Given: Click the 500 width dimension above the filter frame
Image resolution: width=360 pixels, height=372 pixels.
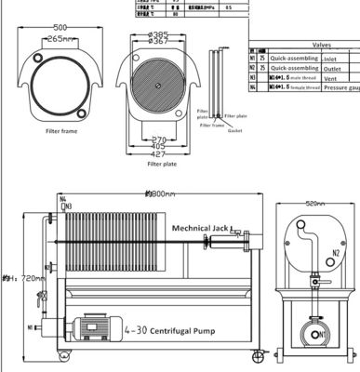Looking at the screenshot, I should [x=60, y=27].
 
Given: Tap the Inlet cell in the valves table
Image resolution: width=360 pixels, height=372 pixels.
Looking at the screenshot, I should [x=330, y=57].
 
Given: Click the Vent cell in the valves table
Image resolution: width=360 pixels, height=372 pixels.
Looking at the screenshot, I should [x=330, y=78].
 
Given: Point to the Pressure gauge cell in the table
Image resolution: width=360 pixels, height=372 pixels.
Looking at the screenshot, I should [x=340, y=89].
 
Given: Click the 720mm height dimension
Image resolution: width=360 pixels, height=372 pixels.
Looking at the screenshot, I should [x=21, y=277].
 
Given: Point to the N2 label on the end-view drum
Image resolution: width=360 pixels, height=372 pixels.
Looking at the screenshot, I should [x=331, y=252].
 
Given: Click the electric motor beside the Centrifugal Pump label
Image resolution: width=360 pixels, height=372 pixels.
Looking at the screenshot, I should [x=97, y=328].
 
